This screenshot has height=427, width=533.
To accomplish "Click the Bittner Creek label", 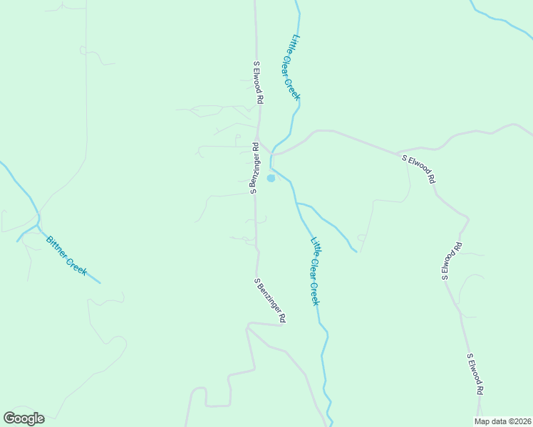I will [x=66, y=255].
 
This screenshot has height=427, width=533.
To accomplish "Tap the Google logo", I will [x=24, y=418].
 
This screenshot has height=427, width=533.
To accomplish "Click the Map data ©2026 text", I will [x=502, y=421].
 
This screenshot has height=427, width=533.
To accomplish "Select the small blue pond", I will [x=271, y=178].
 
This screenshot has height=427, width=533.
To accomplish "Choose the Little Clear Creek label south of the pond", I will [x=314, y=271].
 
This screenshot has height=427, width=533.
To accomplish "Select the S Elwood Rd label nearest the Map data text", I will [x=475, y=374].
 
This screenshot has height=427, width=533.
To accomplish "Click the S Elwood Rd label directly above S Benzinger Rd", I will [x=259, y=83].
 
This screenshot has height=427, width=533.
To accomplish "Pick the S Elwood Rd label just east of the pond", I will [x=418, y=169].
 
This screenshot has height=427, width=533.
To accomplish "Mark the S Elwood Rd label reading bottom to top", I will [x=451, y=261].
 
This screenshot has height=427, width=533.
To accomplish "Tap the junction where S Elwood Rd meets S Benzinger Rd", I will [x=258, y=140].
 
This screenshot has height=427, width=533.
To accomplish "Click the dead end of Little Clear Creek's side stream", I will [x=356, y=251].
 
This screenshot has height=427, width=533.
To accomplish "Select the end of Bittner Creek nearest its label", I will [x=100, y=283].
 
